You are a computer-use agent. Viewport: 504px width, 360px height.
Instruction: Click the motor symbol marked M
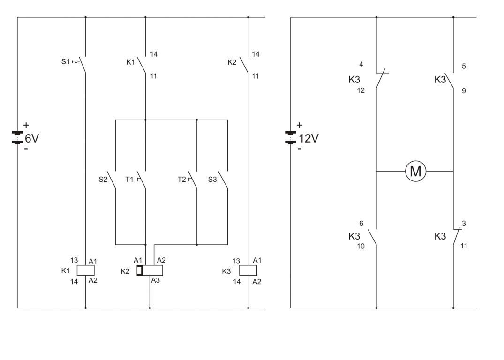pyautogui.click(x=415, y=171)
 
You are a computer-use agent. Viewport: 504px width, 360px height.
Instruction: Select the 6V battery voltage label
pyautogui.click(x=32, y=138)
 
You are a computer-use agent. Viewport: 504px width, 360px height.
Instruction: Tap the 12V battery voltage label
pyautogui.click(x=308, y=138)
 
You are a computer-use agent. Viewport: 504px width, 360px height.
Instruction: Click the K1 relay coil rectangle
pyautogui.click(x=85, y=270)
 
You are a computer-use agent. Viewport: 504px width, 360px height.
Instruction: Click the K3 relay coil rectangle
pyautogui.click(x=248, y=270)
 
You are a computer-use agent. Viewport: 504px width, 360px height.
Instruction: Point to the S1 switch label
pyautogui.click(x=65, y=61)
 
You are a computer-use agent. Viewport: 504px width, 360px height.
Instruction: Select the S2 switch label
pyautogui.click(x=103, y=179)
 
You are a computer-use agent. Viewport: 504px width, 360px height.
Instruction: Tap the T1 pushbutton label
pyautogui.click(x=129, y=179)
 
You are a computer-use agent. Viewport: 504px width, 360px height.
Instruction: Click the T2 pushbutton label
pyautogui.click(x=181, y=179)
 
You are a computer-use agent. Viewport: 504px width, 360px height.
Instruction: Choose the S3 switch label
pyautogui.click(x=212, y=179)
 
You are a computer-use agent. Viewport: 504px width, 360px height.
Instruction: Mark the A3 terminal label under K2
pyautogui.click(x=155, y=280)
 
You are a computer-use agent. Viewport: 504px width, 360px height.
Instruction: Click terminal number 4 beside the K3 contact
pyautogui.click(x=361, y=64)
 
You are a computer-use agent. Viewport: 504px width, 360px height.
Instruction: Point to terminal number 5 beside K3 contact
pyautogui.click(x=464, y=66)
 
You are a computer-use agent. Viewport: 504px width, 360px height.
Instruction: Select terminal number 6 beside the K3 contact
pyautogui.click(x=361, y=224)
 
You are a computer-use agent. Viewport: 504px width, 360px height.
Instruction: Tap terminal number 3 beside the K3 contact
pyautogui.click(x=464, y=224)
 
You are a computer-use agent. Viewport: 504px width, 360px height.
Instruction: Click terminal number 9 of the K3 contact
pyautogui.click(x=464, y=90)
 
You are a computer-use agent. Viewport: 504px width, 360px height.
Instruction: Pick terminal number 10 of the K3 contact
pyautogui.click(x=361, y=246)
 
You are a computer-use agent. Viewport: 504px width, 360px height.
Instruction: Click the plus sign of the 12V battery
pyautogui.click(x=300, y=125)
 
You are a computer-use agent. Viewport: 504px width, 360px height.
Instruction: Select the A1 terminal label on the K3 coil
pyautogui.click(x=257, y=260)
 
